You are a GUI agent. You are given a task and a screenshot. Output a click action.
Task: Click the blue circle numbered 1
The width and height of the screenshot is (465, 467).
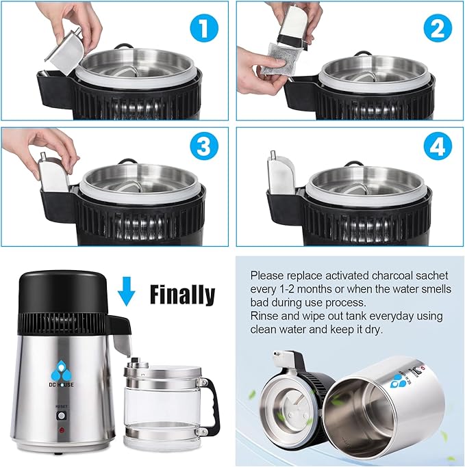click(204, 29)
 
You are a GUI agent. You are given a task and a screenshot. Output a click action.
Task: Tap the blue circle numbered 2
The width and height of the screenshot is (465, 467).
click(438, 29)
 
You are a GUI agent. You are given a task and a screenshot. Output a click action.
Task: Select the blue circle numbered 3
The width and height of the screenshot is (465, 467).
click(204, 146)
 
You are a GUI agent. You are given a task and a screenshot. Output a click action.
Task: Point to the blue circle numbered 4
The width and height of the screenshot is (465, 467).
click(438, 146)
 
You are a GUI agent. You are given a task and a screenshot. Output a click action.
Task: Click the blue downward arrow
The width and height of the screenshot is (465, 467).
click(126, 291)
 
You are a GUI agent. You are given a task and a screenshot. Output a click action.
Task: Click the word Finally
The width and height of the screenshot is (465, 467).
click(182, 294)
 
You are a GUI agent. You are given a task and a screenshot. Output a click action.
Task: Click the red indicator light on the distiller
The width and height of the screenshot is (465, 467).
click(62, 430)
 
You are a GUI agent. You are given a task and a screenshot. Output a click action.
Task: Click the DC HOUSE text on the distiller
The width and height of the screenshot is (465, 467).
click(61, 385)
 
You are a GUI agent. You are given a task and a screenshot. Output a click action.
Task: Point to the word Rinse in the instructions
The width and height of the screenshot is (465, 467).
click(264, 316)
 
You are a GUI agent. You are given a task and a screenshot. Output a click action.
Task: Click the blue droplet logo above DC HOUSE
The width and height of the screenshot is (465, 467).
click(61, 371)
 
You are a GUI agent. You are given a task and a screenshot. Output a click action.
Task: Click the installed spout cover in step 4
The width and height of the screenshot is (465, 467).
click(280, 174)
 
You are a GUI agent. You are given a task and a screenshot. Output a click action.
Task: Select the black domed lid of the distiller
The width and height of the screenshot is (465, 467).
click(62, 293)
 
